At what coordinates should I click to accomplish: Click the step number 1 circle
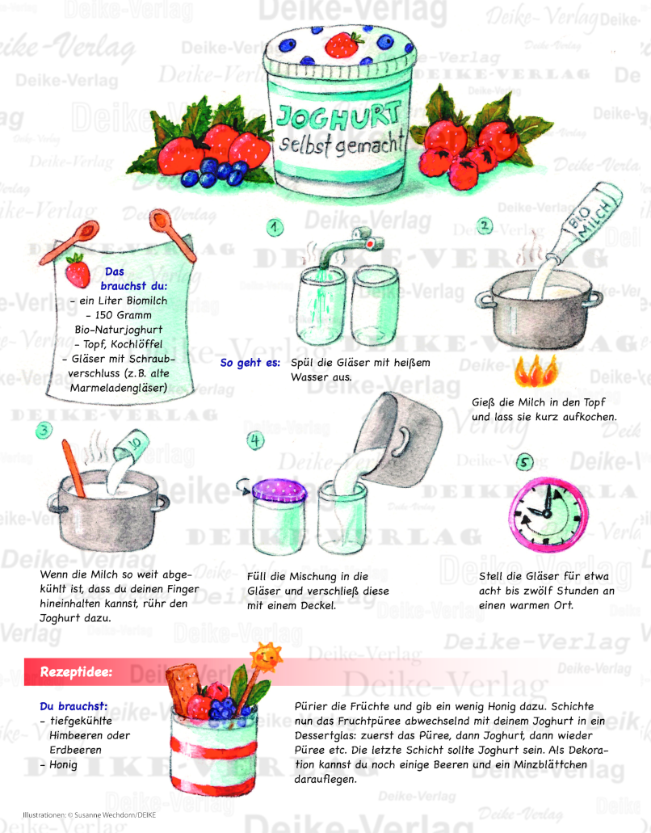(x=275, y=228)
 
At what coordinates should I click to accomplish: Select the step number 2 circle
(x=485, y=226)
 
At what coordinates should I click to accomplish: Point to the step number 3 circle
(x=44, y=430)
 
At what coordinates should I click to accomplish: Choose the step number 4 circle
(x=256, y=441)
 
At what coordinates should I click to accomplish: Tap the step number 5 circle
(x=525, y=462)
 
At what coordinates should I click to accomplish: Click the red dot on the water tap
(x=370, y=244)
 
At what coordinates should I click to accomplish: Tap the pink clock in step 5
(x=548, y=514)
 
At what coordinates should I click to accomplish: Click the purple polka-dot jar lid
(x=279, y=490)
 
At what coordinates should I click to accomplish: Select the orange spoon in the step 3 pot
(x=73, y=469)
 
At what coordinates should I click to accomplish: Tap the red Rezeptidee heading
(x=76, y=672)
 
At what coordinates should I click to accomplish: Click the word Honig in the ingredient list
(x=63, y=765)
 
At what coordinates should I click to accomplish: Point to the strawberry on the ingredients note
(x=78, y=271)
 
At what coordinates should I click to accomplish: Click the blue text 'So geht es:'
(x=250, y=363)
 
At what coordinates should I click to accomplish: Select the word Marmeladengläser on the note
(x=119, y=388)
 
